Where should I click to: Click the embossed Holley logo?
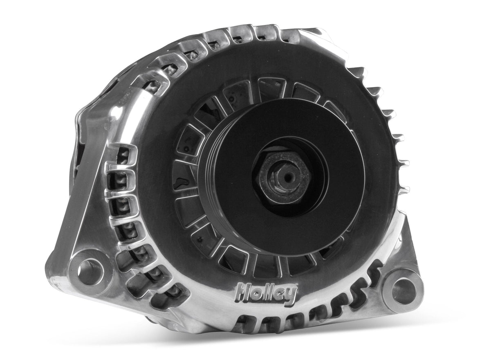click(266, 293)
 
